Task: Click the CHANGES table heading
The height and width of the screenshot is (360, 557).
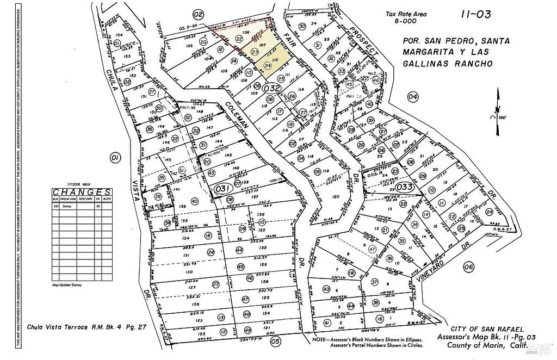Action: (82, 192)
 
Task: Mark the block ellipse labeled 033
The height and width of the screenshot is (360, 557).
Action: (406, 187)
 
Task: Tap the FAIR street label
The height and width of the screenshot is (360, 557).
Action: (288, 41)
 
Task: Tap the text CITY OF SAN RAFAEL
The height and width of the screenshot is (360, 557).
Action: (487, 330)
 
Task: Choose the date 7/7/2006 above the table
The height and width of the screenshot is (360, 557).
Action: (66, 185)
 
